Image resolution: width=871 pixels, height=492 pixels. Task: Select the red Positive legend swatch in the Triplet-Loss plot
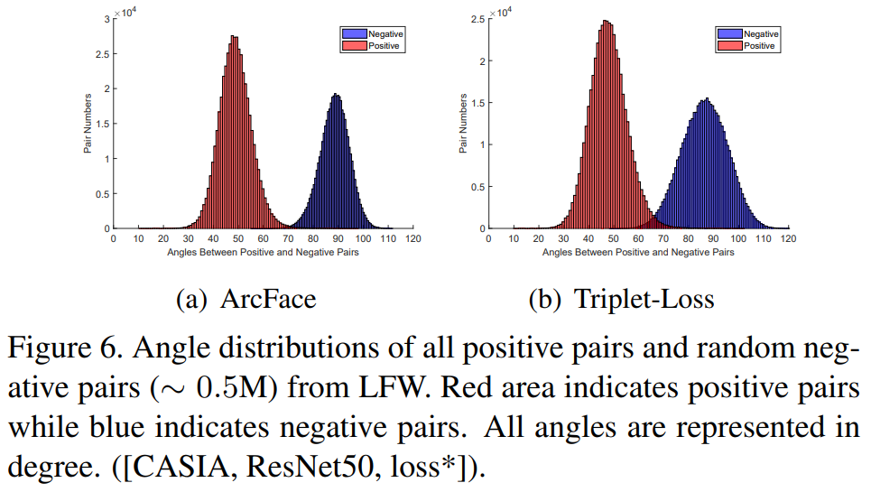pyautogui.click(x=729, y=45)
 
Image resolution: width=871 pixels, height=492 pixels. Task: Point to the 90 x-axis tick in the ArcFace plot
pyautogui.click(x=338, y=239)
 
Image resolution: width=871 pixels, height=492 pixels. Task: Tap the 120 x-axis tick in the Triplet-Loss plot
pyautogui.click(x=788, y=239)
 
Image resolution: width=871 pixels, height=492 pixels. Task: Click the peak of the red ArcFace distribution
pyautogui.click(x=234, y=37)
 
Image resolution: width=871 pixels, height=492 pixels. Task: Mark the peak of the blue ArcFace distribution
pyautogui.click(x=336, y=94)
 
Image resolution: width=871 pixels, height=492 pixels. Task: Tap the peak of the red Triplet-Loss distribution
pyautogui.click(x=607, y=22)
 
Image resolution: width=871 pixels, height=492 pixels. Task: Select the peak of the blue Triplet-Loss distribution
pyautogui.click(x=708, y=99)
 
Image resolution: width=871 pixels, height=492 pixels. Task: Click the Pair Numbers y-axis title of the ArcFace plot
pyautogui.click(x=88, y=123)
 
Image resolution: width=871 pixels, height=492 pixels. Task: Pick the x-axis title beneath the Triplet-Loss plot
pyautogui.click(x=638, y=252)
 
